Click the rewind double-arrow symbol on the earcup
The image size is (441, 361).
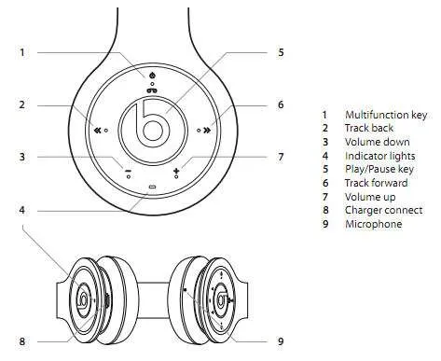[x=98, y=131]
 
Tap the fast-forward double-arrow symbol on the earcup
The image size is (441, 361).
[x=207, y=131]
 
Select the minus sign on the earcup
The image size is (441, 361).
[x=128, y=171]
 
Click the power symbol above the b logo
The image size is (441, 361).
[x=152, y=76]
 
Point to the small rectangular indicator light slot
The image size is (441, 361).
[x=152, y=187]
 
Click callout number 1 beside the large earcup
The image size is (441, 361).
[x=22, y=52]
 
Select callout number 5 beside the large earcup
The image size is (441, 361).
[x=281, y=52]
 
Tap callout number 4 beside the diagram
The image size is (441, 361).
[x=21, y=211]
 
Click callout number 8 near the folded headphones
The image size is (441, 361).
[x=21, y=341]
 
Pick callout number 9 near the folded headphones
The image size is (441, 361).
[x=281, y=341]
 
